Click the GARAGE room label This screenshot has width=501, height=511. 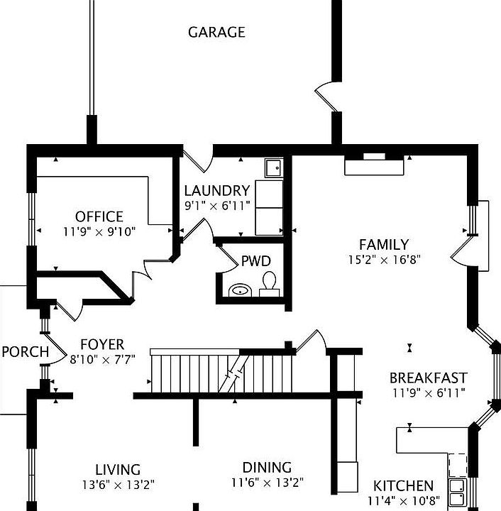(x=216, y=32)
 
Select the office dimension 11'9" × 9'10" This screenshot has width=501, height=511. (x=99, y=232)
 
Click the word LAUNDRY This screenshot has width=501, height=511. (x=217, y=191)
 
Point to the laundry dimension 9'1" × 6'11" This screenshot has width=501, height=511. (x=217, y=206)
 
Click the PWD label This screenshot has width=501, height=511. (x=256, y=261)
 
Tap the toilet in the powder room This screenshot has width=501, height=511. (x=269, y=284)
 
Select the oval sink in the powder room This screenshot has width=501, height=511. (x=240, y=290)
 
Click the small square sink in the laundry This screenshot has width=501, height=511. (x=274, y=167)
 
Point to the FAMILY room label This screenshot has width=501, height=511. (x=384, y=244)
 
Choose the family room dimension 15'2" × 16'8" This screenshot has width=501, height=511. (x=385, y=260)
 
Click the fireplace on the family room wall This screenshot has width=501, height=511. (x=374, y=165)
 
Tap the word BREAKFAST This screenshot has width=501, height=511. (x=429, y=378)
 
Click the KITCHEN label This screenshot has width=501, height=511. (x=403, y=486)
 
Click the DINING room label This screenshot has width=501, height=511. (x=267, y=468)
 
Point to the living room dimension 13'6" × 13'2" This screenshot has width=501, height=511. (x=118, y=485)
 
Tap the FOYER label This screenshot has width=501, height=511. (x=102, y=344)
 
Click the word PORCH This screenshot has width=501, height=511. (x=26, y=352)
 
